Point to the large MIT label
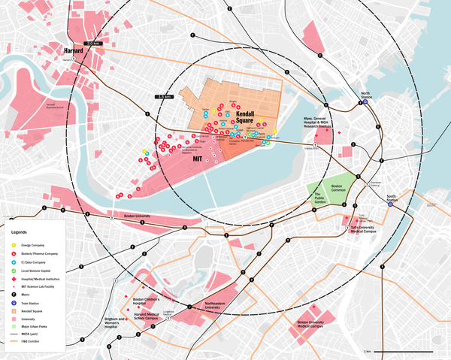pyautogui.click(x=199, y=159)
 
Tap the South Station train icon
pyautogui.click(x=391, y=205)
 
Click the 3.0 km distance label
pyautogui.click(x=92, y=44)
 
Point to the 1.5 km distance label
pyautogui.click(x=165, y=97)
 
